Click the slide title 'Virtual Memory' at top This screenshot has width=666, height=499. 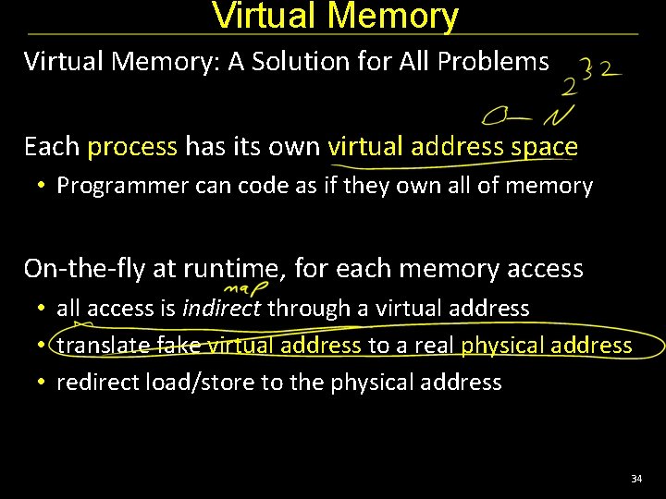pos(335,16)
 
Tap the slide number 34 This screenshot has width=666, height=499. pos(635,479)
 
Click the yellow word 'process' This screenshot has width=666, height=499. pos(132,147)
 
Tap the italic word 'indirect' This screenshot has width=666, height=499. pos(221,308)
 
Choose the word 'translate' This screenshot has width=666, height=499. pos(104,346)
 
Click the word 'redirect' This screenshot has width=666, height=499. pos(98,383)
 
